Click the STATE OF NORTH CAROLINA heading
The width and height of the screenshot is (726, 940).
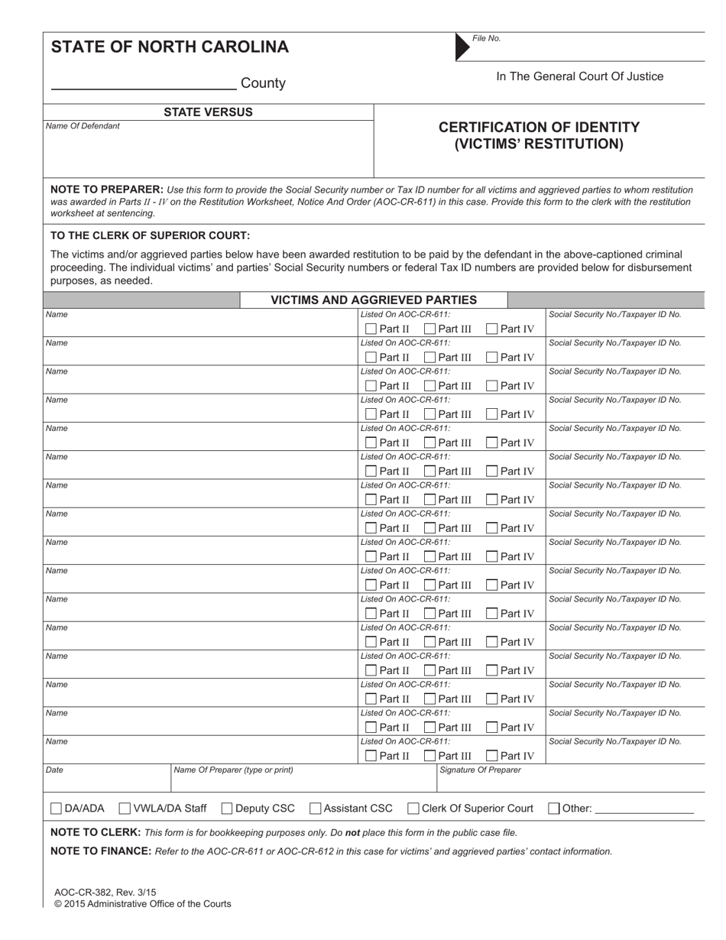tap(170, 47)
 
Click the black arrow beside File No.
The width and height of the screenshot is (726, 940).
tap(462, 47)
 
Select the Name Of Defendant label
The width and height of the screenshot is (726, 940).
tap(83, 126)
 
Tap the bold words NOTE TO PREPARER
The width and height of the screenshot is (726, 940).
tap(106, 190)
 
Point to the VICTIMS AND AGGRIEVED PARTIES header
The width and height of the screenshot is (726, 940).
tap(374, 300)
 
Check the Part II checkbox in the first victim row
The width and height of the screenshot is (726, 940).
tap(371, 329)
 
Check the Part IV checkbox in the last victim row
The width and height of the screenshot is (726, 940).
tap(492, 756)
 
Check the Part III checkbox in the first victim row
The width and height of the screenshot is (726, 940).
tap(429, 329)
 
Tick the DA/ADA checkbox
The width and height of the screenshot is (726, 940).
tap(57, 809)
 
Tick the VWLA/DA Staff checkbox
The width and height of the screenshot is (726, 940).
tap(125, 809)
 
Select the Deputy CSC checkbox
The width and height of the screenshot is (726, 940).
tap(227, 809)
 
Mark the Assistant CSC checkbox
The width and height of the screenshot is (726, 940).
tap(315, 809)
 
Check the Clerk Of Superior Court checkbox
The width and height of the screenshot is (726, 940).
tap(413, 809)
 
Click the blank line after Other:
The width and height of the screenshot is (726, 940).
tap(643, 810)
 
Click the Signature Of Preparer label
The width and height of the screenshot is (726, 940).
tap(480, 770)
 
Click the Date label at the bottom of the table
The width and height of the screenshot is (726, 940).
tap(54, 770)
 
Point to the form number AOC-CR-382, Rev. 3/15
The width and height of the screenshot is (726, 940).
tap(105, 892)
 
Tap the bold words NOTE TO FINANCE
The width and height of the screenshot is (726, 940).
tap(100, 851)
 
